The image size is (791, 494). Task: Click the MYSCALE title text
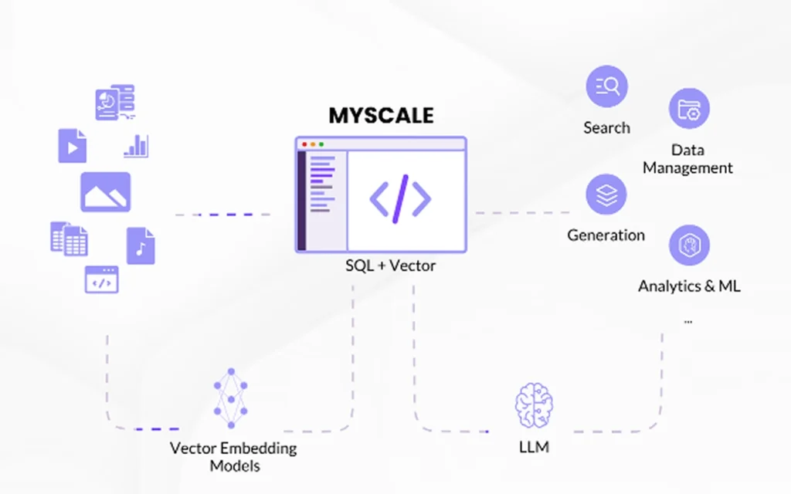[x=382, y=116]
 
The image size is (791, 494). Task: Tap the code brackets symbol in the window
[x=400, y=198]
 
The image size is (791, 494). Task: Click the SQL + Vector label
[x=390, y=266]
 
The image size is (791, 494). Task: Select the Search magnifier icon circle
[x=606, y=86]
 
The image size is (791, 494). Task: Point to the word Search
[x=606, y=128]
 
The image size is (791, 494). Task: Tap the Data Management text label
[x=687, y=159]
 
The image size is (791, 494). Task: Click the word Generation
[x=606, y=235]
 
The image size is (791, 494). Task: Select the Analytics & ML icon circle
[x=688, y=245]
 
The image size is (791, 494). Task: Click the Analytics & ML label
[x=689, y=286]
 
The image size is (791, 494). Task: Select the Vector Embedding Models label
[x=233, y=457]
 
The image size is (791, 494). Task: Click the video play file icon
[x=72, y=145]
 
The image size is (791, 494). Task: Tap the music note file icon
[x=141, y=245]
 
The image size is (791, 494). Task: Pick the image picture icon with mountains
[x=106, y=192]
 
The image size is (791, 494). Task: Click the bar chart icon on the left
[x=136, y=146]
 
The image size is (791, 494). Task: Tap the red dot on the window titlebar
[x=304, y=144]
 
